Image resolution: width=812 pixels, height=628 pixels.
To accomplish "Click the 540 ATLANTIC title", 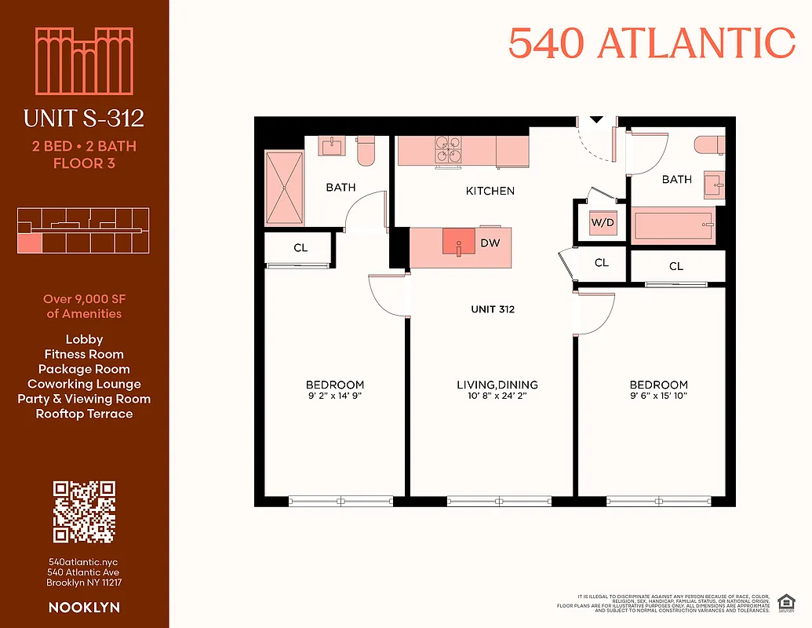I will click(x=651, y=42).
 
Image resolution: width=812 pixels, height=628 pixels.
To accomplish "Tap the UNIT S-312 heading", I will click(x=84, y=119).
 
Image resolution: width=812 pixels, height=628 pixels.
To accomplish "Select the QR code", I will click(x=84, y=512).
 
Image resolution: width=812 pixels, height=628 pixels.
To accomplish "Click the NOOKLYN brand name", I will click(x=84, y=608).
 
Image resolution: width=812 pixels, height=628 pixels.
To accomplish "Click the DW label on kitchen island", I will click(x=490, y=243).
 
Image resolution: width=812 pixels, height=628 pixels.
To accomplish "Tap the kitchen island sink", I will click(x=458, y=242).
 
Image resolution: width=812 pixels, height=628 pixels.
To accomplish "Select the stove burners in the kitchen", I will click(x=449, y=149).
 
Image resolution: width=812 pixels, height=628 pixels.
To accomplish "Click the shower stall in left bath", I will click(x=284, y=186).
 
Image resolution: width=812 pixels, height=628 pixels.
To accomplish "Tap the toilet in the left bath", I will click(x=366, y=150).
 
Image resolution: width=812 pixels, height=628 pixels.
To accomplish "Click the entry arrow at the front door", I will click(x=596, y=120).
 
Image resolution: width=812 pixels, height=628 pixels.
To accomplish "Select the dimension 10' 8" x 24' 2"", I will click(x=497, y=396).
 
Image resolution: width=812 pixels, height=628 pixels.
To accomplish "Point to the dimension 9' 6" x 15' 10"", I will click(x=658, y=396).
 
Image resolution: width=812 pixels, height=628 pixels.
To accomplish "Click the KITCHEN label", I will click(x=490, y=191).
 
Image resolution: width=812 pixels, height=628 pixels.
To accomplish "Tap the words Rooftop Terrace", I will click(x=84, y=414).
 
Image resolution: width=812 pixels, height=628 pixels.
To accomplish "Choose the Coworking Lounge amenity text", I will click(x=84, y=384).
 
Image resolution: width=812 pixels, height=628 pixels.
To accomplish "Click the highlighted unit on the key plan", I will click(x=28, y=243).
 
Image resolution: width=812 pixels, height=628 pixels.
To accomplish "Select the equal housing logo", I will click(x=783, y=603).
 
